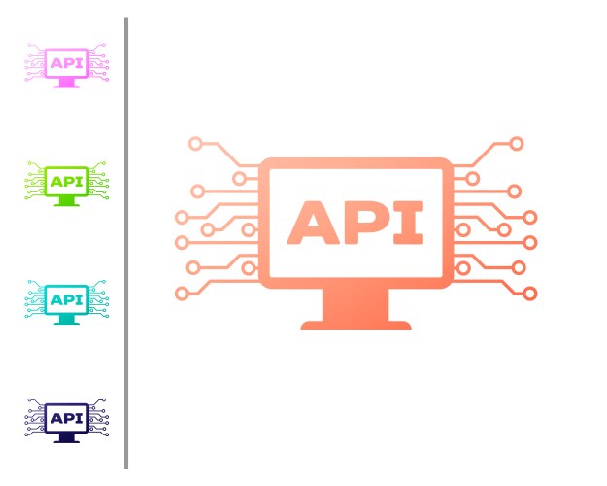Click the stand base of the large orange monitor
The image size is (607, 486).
point(356,320)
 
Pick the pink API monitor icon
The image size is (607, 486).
point(66,66)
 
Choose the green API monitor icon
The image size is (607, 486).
point(66,184)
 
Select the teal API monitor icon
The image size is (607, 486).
point(66,302)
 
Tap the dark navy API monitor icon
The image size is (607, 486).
point(66,420)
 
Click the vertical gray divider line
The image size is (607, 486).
point(126,243)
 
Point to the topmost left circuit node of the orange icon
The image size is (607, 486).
point(195,143)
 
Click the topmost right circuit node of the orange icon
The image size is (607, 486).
point(517,143)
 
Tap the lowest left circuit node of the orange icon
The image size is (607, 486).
point(181,293)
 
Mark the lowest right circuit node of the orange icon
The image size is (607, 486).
point(530,293)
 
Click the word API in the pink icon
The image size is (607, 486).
point(66,63)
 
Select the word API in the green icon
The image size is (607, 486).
point(66,181)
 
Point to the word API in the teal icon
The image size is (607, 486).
point(66,299)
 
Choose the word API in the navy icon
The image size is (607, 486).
point(66,418)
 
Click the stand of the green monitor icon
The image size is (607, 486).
point(66,201)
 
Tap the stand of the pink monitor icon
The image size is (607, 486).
point(66,84)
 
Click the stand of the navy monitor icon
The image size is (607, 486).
point(66,438)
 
